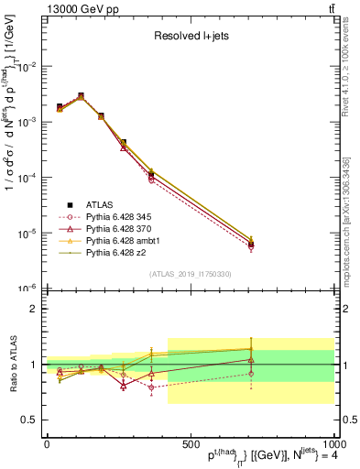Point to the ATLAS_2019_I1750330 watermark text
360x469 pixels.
click(x=190, y=274)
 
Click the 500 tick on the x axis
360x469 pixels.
click(x=190, y=442)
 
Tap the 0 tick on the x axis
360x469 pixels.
click(x=46, y=442)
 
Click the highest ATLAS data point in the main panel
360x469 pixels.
click(x=81, y=96)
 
